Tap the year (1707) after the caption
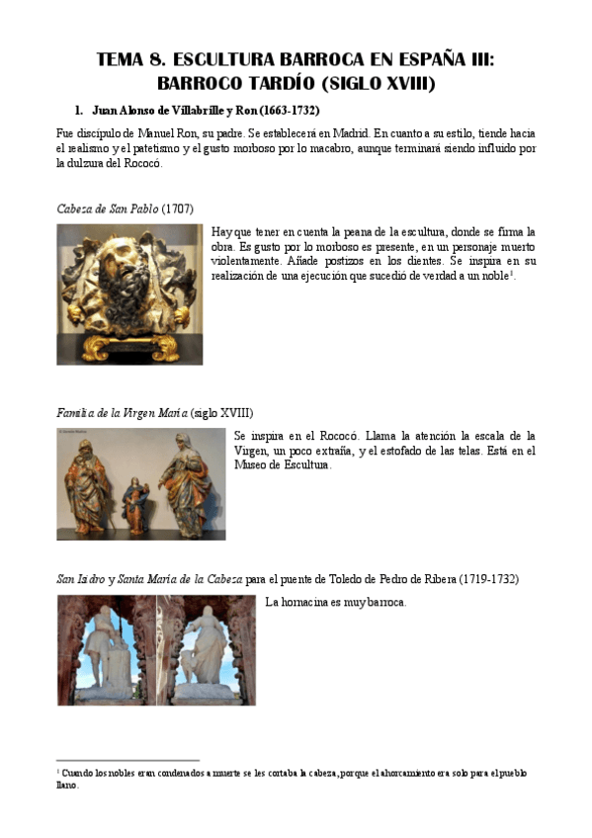point(177,209)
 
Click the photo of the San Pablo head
point(129,293)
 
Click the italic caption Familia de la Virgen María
point(122,411)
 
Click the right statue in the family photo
point(188,478)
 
